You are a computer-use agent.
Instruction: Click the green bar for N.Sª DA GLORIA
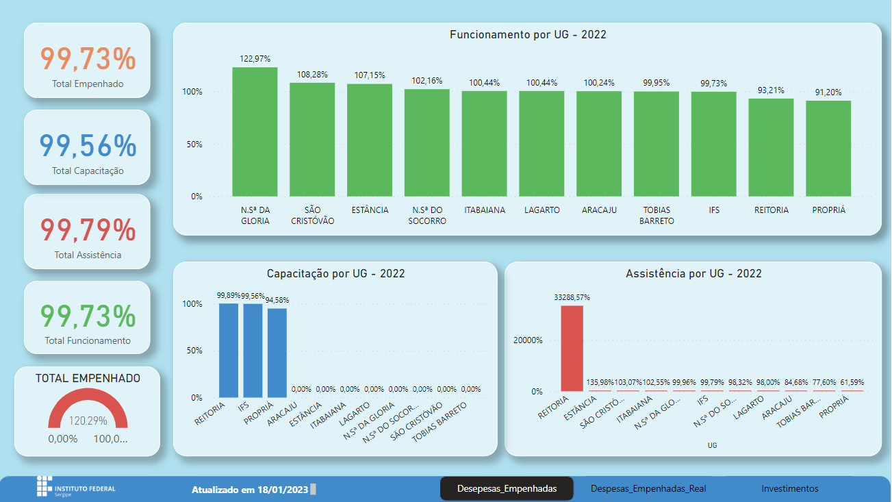[255, 131]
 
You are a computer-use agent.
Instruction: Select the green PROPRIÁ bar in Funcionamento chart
[828, 149]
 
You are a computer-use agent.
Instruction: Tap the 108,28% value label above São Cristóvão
[311, 74]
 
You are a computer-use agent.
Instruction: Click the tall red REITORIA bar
[572, 348]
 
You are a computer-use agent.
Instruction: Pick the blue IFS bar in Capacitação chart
[253, 350]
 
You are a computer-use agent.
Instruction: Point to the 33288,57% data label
[572, 297]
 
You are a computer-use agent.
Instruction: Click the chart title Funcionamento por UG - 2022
[528, 35]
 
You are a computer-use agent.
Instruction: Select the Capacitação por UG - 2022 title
[335, 274]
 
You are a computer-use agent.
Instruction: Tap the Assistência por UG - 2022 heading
[693, 274]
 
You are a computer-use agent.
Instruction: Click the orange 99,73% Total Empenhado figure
[88, 60]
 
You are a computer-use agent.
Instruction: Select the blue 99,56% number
[88, 146]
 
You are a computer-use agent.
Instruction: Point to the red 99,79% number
[88, 230]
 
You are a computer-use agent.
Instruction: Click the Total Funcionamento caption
[88, 340]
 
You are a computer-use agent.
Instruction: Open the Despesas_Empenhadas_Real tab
[648, 489]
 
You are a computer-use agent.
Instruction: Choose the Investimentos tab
[789, 489]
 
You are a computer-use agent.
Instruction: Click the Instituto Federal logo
[76, 488]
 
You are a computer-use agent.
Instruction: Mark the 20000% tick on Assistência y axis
[528, 340]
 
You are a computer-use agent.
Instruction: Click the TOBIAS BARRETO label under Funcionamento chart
[657, 215]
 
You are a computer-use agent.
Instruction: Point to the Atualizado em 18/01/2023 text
[249, 490]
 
